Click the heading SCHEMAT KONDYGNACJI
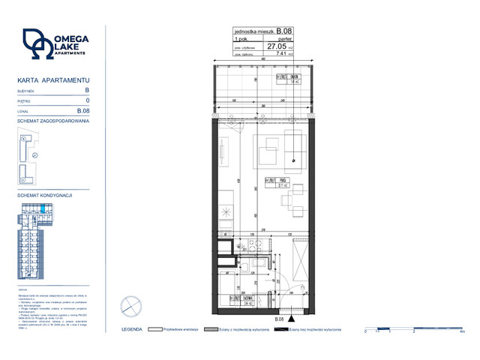coord(44,195)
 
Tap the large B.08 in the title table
coord(284,31)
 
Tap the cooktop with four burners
coord(226,211)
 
